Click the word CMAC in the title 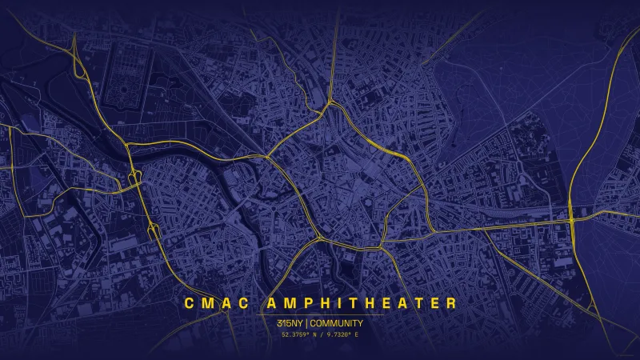[x=214, y=303]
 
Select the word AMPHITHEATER [x=360, y=303]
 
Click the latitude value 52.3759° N [x=302, y=334]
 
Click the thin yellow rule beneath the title [x=320, y=314]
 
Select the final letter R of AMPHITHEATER [x=452, y=303]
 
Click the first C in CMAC [x=189, y=303]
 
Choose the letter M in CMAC [x=206, y=303]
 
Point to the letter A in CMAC [x=223, y=303]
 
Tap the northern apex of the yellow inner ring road [x=328, y=103]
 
